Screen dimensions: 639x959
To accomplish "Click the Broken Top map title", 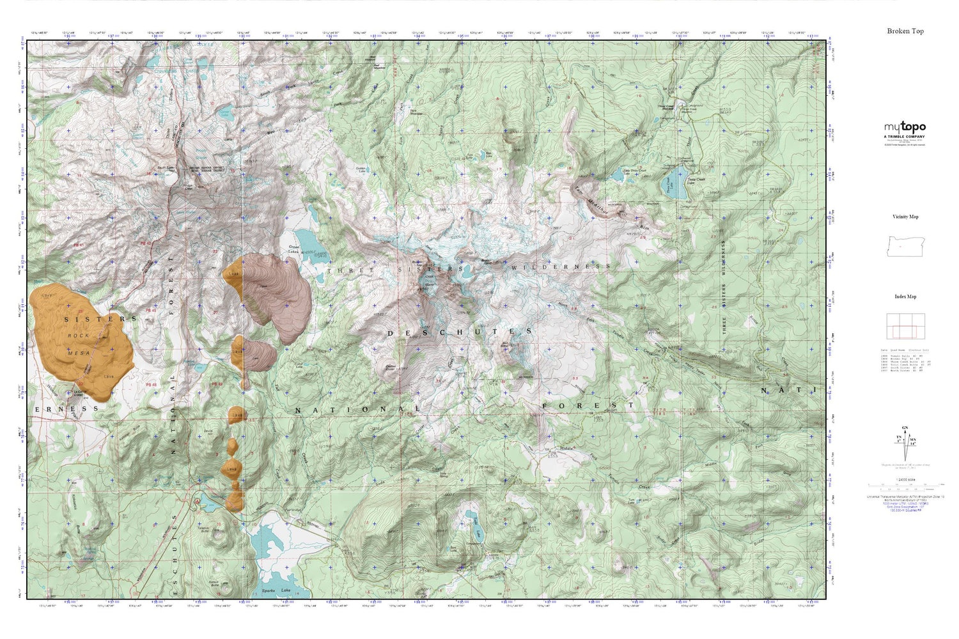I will (905, 31).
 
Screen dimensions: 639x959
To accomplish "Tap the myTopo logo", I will (905, 127).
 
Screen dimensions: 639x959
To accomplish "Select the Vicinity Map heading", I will (905, 217).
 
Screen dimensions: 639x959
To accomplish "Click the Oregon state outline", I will (905, 246).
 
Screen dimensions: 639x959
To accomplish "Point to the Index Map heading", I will (905, 296).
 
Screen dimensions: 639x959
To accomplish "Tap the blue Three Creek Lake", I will (678, 181).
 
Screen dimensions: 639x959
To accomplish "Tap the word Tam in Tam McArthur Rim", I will (577, 189).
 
